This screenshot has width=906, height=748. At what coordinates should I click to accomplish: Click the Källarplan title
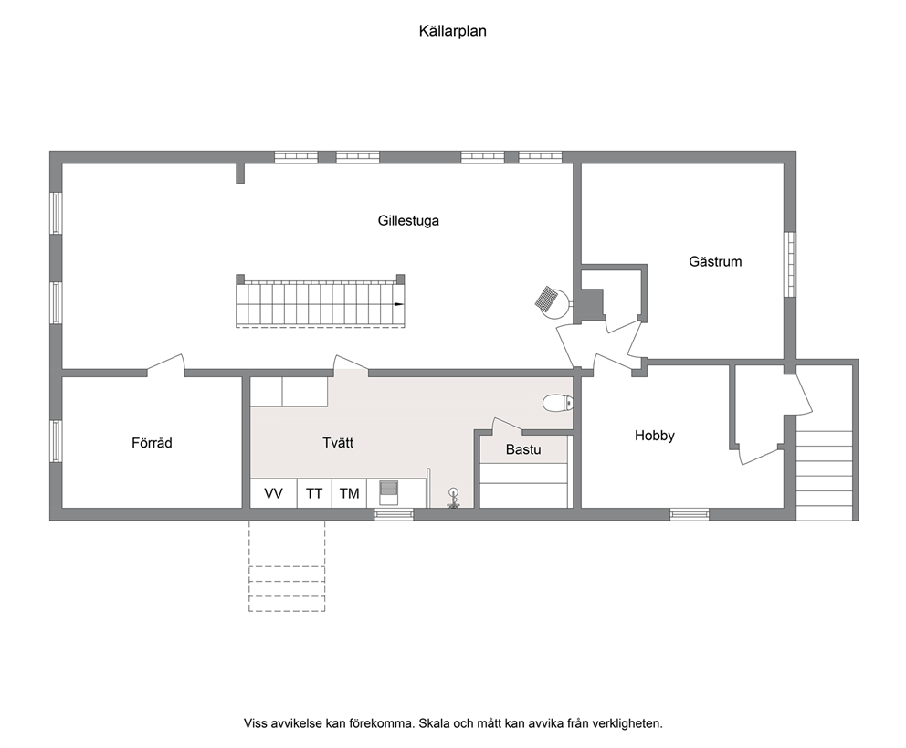(452, 31)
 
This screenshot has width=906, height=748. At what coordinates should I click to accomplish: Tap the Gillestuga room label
(408, 221)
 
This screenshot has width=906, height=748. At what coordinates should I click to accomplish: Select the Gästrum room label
(715, 261)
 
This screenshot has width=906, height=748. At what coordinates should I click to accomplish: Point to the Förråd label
(152, 443)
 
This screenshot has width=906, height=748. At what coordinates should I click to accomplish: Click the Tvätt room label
(338, 443)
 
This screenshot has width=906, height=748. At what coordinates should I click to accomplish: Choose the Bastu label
(523, 449)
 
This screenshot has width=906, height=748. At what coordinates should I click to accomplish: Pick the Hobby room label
(655, 436)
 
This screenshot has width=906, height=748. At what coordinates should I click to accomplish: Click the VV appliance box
(273, 493)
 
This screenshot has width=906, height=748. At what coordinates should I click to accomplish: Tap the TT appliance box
(314, 493)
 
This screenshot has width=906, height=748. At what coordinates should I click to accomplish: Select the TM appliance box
(349, 493)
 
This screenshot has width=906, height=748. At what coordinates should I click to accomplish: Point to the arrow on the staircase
(399, 304)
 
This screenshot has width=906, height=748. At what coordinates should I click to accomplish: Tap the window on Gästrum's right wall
(790, 265)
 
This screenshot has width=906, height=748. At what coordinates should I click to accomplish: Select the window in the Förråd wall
(56, 441)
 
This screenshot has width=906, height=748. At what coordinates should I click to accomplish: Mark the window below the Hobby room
(690, 514)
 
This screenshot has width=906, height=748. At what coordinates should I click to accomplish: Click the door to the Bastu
(507, 426)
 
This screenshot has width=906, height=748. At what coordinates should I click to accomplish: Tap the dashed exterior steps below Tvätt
(287, 566)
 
